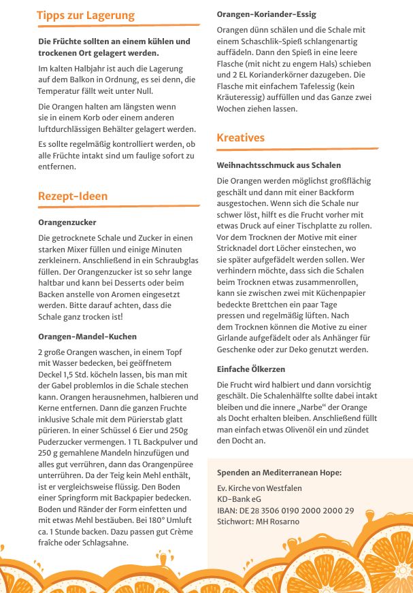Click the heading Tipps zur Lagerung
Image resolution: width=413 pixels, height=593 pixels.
pos(86,16)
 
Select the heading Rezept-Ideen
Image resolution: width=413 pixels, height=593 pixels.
pos(73,197)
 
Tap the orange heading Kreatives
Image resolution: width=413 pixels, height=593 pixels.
pos(241,138)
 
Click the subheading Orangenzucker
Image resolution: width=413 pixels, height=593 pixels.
pos(67,222)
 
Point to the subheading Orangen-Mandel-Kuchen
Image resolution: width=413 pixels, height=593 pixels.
pos(88,337)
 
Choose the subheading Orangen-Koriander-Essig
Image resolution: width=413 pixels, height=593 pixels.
pos(266,14)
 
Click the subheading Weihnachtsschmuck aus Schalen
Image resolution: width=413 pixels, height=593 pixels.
pos(279,165)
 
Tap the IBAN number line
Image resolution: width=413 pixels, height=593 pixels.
pos(285,511)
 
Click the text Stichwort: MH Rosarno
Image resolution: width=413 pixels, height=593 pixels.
pos(258,522)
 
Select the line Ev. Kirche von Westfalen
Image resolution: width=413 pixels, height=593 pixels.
pos(259,488)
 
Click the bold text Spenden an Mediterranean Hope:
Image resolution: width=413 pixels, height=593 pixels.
pos(279,473)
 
